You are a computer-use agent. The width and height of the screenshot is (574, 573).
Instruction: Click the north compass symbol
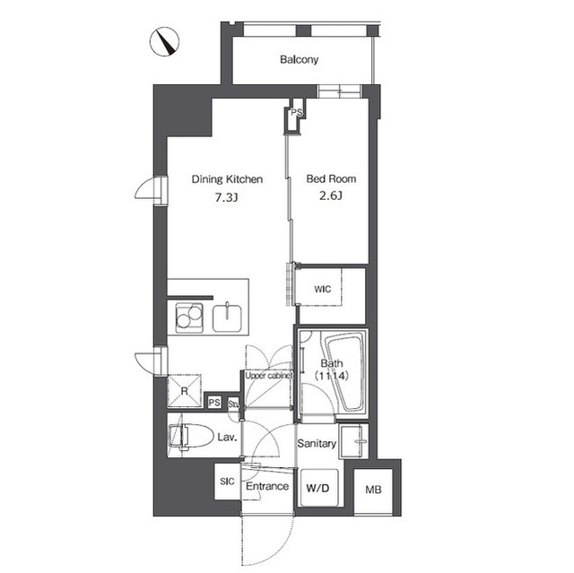tap(164, 42)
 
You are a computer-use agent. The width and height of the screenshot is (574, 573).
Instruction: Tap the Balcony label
tap(299, 59)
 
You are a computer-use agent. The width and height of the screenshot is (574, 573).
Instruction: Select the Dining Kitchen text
tap(227, 179)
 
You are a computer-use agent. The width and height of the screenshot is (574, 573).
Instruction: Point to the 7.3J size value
tap(227, 198)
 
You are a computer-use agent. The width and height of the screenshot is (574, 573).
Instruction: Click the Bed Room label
tap(331, 179)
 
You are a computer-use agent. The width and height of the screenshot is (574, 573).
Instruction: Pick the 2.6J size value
tap(331, 196)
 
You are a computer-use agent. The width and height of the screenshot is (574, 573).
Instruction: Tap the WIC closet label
tap(322, 290)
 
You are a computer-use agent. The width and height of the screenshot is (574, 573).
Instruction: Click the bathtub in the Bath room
tap(346, 371)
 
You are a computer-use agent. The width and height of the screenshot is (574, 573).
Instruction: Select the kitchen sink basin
tap(227, 318)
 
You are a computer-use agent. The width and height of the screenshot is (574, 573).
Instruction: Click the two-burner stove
tap(189, 317)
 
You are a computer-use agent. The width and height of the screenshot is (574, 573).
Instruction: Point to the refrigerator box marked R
tap(185, 391)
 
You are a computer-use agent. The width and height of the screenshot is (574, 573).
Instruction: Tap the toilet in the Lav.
tap(191, 436)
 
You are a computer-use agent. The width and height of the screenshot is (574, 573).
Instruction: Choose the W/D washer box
tap(317, 488)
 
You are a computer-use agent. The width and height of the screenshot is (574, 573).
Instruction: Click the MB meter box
tap(373, 490)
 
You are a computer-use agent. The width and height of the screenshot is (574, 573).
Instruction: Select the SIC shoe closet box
tap(227, 482)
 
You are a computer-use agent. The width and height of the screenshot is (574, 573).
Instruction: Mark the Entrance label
tap(267, 486)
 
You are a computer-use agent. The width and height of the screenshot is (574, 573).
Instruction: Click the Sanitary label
tap(317, 444)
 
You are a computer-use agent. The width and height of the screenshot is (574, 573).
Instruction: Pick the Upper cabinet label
tap(269, 376)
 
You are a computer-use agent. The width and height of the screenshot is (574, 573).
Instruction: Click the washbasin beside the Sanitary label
tap(353, 441)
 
